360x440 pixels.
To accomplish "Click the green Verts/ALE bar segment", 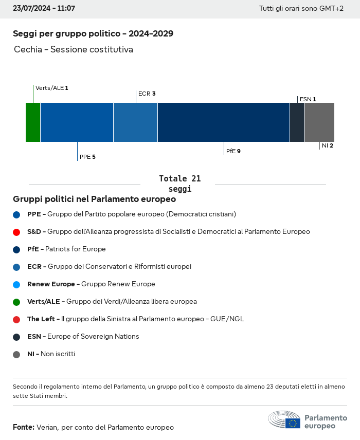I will (x=33, y=122).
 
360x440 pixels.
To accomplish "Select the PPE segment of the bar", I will (x=77, y=122).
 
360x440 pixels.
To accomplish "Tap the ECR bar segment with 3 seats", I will (x=135, y=122).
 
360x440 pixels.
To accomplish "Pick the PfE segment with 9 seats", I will (x=224, y=122).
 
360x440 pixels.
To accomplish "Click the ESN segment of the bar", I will (x=297, y=122).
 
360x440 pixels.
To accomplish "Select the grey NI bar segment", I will (x=319, y=122).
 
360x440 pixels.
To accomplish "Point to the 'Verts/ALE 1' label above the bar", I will (x=51, y=88).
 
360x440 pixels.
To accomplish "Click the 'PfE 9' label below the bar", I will (x=233, y=152).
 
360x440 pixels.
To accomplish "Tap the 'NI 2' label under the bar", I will (x=328, y=146).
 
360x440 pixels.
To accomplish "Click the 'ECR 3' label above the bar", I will (x=147, y=94).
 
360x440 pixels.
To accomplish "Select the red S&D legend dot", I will (x=16, y=232).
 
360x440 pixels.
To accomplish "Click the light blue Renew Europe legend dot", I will (x=16, y=284).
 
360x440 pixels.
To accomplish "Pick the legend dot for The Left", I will (x=16, y=319).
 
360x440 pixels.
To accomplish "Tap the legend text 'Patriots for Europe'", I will (x=76, y=249).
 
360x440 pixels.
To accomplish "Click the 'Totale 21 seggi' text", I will (x=179, y=184).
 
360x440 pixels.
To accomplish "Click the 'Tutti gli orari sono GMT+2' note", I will (x=301, y=9).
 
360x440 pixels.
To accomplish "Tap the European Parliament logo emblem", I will (x=284, y=420).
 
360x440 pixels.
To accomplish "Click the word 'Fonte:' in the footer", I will (x=24, y=427).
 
